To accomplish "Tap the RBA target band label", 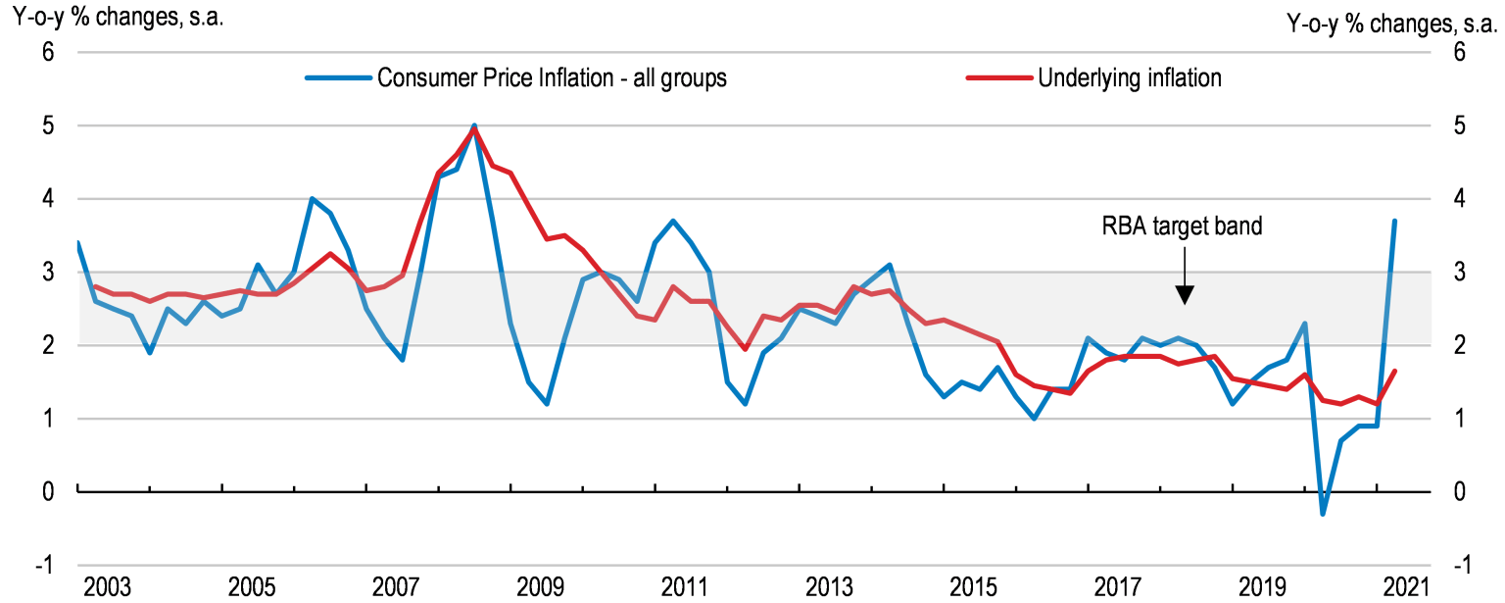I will pyautogui.click(x=1183, y=226).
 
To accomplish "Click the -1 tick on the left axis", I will pyautogui.click(x=44, y=566).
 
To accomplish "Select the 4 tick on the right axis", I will pyautogui.click(x=1458, y=199).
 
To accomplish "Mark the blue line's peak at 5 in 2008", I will pyautogui.click(x=474, y=126).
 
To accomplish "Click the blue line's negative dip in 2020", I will pyautogui.click(x=1323, y=514).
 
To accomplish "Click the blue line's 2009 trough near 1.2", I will pyautogui.click(x=547, y=404).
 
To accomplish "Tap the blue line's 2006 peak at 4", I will pyautogui.click(x=312, y=199).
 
